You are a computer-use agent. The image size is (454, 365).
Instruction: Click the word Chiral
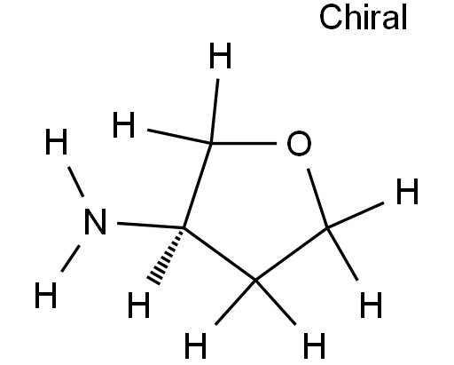pyautogui.click(x=364, y=17)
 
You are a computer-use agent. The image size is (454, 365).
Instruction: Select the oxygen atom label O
pyautogui.click(x=299, y=143)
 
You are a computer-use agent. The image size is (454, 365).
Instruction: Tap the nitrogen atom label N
pyautogui.click(x=95, y=222)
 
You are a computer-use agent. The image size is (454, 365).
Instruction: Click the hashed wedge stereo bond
pyautogui.click(x=167, y=257)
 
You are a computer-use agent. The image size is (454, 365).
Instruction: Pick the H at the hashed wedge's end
pyautogui.click(x=138, y=305)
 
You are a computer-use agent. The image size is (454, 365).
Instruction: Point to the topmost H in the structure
pyautogui.click(x=220, y=55)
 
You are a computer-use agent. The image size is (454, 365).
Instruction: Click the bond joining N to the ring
pyautogui.click(x=150, y=226)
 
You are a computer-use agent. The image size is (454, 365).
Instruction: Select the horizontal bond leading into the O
pyautogui.click(x=243, y=144)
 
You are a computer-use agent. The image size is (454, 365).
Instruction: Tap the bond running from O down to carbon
pyautogui.click(x=317, y=198)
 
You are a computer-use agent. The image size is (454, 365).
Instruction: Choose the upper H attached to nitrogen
pyautogui.click(x=56, y=141)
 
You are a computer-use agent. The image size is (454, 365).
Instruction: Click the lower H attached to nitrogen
pyautogui.click(x=45, y=295)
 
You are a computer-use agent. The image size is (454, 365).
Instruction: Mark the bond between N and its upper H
pyautogui.click(x=75, y=181)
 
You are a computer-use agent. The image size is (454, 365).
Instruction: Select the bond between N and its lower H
pyautogui.click(x=70, y=258)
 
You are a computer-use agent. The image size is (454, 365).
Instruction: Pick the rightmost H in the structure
pyautogui.click(x=407, y=191)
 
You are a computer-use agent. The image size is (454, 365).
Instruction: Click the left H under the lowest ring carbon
pyautogui.click(x=195, y=345)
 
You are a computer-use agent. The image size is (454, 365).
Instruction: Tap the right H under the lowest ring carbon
pyautogui.click(x=314, y=345)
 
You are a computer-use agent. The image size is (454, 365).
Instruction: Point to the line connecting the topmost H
pyautogui.click(x=215, y=111)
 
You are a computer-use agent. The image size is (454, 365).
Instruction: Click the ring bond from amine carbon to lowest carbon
pyautogui.click(x=220, y=254)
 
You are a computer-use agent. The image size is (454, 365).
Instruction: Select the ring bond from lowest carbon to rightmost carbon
pyautogui.click(x=292, y=254)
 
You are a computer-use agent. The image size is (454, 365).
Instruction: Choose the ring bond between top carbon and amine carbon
pyautogui.click(x=197, y=186)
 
